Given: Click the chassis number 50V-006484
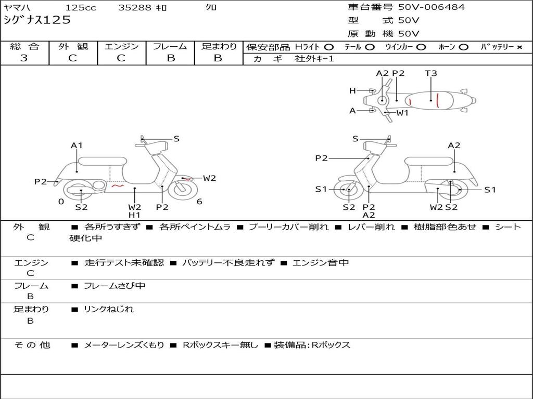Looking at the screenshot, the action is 432,7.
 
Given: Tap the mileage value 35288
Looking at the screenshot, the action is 135,8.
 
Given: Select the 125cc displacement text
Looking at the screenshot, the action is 80,8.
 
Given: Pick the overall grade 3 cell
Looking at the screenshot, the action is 24,58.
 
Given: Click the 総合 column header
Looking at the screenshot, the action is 24,46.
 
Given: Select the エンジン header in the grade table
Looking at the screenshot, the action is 121,46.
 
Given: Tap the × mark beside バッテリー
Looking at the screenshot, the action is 519,47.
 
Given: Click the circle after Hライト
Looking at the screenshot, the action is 329,47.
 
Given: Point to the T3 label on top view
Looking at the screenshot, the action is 431,73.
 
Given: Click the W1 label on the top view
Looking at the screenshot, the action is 402,112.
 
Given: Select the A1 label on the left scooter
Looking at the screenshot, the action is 77,145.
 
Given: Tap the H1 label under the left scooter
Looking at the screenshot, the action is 134,215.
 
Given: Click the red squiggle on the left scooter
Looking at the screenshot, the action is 118,185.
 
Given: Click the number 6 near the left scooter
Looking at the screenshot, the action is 199,202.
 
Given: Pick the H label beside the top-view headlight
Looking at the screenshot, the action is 352,91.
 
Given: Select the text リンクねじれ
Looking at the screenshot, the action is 109,309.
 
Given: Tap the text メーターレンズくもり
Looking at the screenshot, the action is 124,345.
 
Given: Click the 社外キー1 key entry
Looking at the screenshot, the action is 314,59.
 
